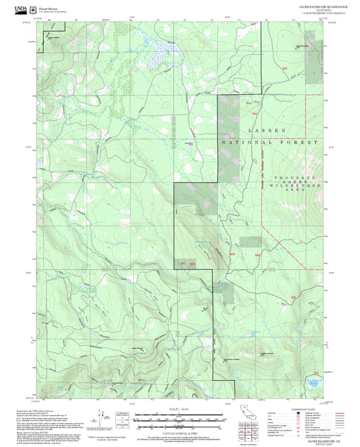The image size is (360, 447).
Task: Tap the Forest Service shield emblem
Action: [x=34, y=9]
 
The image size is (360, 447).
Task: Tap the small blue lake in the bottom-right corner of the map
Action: [x=313, y=384]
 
